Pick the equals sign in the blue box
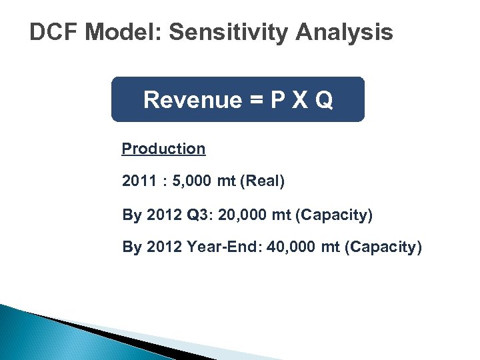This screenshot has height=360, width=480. tap(256, 100)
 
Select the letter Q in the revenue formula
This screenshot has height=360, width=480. tap(323, 100)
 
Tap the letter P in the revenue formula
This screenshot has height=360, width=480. tap(279, 100)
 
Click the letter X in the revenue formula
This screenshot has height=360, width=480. tap(301, 100)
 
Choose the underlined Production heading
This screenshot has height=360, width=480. tap(163, 149)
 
